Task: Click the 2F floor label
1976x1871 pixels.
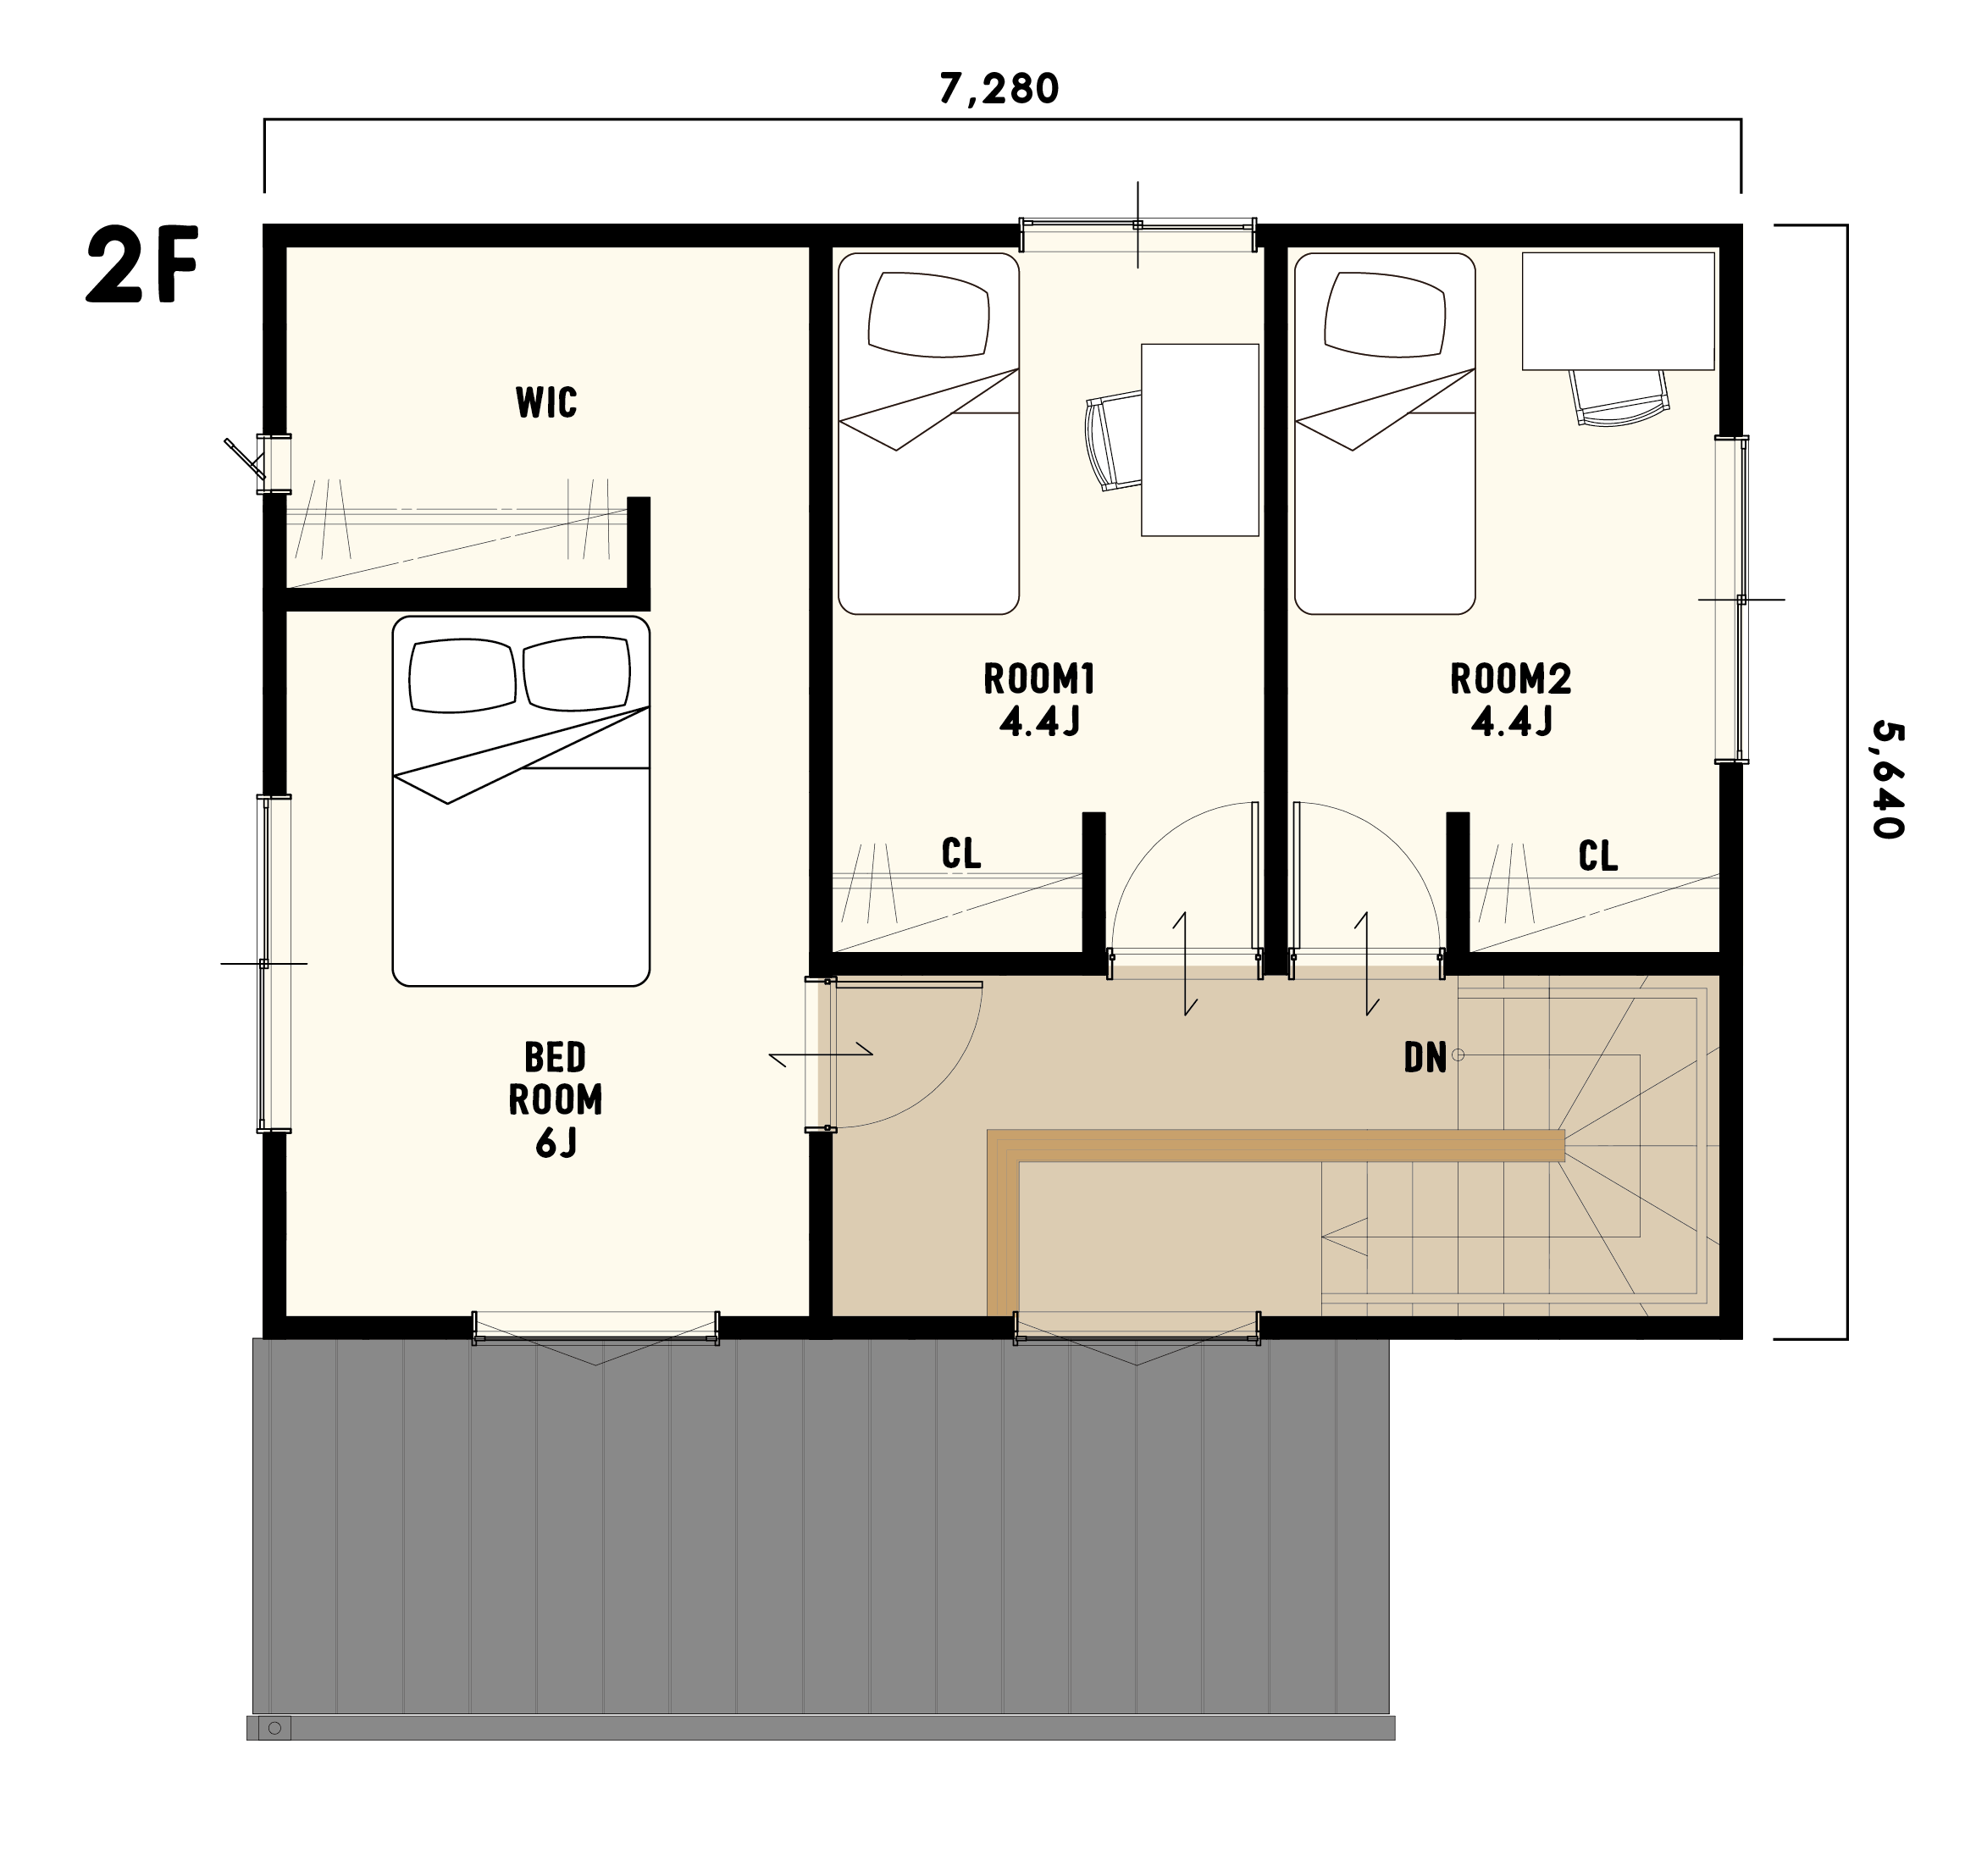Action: tap(142, 264)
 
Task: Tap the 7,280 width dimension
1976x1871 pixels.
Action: tap(999, 89)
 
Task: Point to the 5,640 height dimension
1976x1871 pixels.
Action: tap(1887, 780)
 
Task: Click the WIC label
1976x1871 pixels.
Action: tap(545, 402)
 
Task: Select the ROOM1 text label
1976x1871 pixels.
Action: tap(1039, 679)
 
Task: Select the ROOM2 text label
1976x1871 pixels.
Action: tap(1510, 679)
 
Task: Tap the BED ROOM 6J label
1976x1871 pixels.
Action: tap(556, 1100)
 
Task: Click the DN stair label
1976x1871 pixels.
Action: tap(1425, 1058)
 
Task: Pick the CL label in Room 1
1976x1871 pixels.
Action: tap(961, 853)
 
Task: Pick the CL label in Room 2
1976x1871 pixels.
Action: tap(1598, 855)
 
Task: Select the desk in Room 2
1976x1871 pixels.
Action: tap(1618, 310)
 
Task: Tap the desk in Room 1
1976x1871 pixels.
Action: tap(1200, 440)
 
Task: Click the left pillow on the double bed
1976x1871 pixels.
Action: tap(462, 675)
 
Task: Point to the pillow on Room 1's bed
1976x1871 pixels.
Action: tap(928, 314)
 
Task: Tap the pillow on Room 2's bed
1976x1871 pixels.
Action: tap(1385, 314)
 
